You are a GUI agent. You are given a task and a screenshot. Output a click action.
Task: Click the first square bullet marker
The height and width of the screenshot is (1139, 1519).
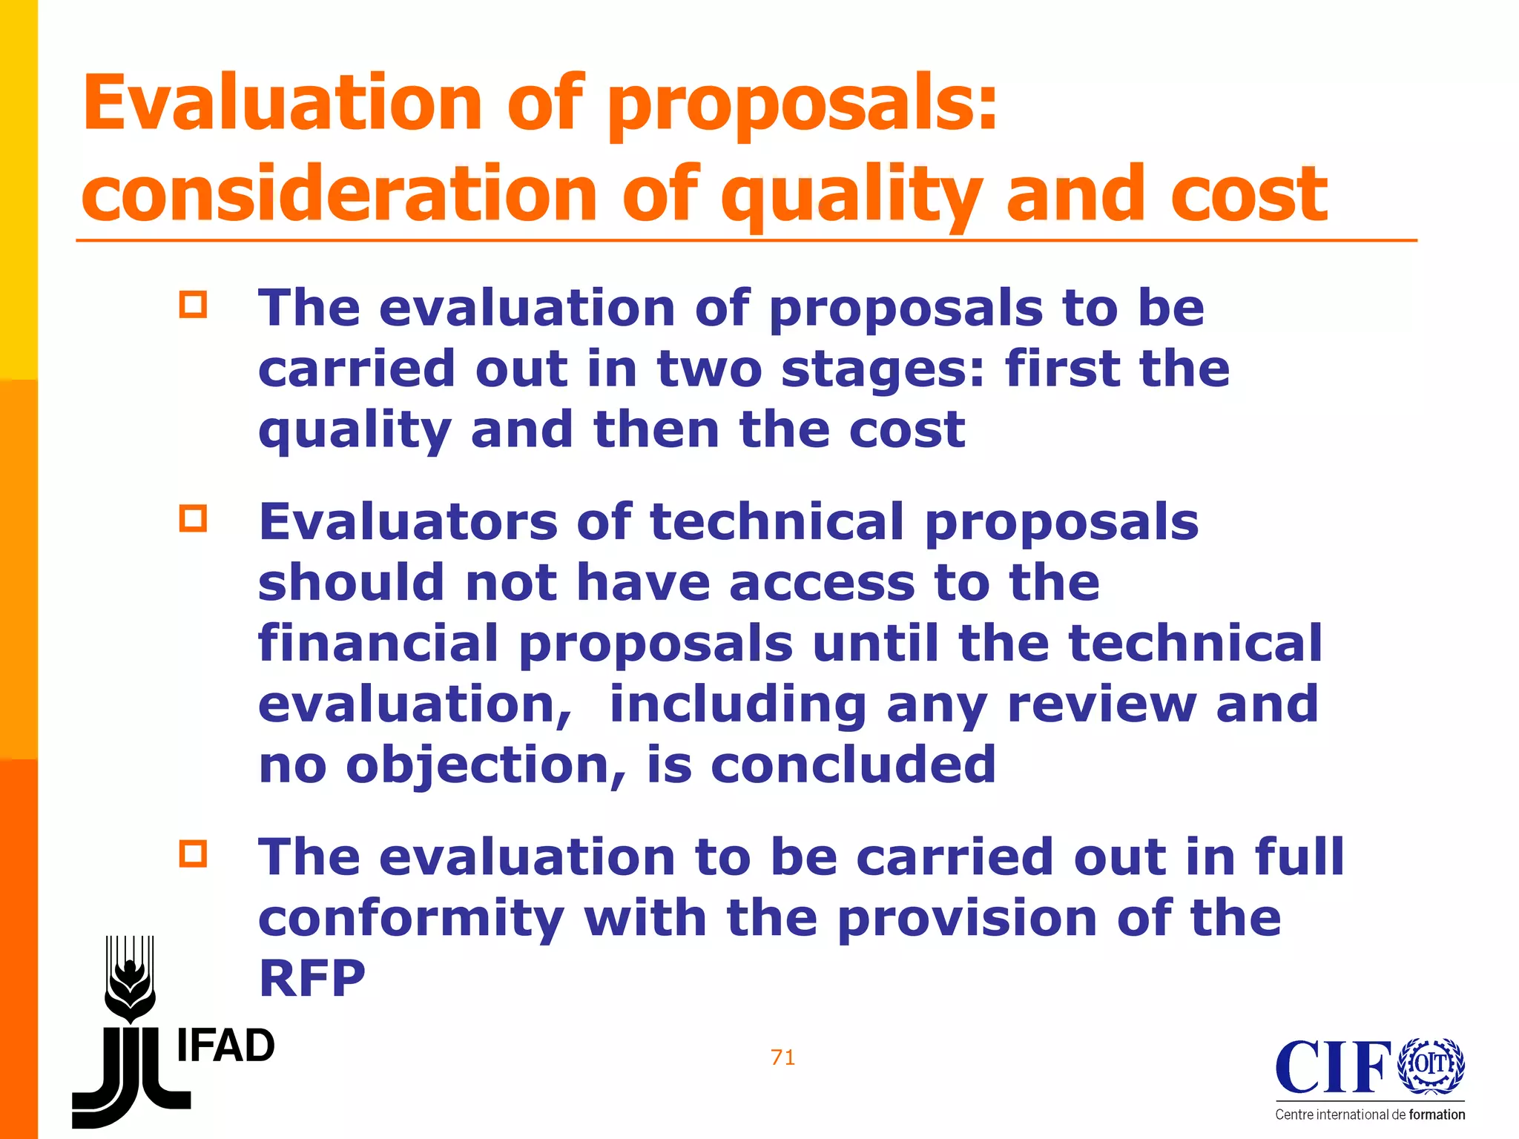tap(193, 305)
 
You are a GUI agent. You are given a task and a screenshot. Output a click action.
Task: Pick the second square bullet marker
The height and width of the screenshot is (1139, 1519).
tap(193, 518)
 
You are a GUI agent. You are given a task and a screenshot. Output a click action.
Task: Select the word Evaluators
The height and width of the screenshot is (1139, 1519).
tap(408, 521)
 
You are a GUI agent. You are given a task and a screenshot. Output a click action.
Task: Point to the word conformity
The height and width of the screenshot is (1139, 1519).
tap(412, 920)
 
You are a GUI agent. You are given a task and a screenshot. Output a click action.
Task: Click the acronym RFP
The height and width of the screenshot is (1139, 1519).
tap(312, 979)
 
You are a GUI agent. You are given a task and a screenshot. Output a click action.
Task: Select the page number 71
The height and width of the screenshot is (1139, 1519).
tap(783, 1057)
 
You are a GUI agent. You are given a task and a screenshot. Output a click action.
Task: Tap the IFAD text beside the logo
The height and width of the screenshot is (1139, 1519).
tap(225, 1046)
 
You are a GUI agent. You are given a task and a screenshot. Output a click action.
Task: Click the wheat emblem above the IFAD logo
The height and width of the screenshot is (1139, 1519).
tap(131, 979)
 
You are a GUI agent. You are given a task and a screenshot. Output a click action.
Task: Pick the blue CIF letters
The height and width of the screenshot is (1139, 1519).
tap(1333, 1068)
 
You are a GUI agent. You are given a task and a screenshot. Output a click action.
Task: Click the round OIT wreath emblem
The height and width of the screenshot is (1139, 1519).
tap(1431, 1065)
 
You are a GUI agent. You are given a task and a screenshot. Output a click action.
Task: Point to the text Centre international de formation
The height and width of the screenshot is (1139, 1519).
tap(1370, 1115)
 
